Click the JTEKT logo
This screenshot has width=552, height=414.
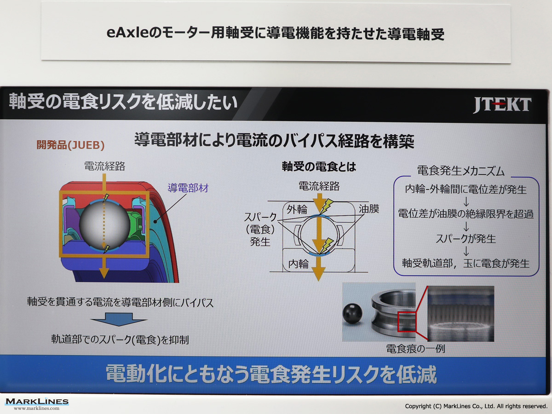(502, 105)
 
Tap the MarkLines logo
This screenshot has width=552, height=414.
(37, 403)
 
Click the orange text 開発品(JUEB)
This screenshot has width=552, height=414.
(70, 145)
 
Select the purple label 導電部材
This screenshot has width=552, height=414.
(188, 188)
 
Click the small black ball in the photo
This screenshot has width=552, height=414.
(352, 314)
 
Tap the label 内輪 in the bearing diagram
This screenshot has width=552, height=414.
(298, 264)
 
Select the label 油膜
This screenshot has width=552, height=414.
(368, 209)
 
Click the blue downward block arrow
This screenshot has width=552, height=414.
(119, 319)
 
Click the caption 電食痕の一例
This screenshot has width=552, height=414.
(415, 349)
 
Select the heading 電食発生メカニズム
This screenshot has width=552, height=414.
(461, 171)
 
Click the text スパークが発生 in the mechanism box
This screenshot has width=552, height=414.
(466, 239)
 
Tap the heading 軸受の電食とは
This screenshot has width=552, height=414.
(319, 167)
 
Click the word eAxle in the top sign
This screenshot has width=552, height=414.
(128, 33)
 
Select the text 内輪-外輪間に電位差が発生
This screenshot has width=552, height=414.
(466, 189)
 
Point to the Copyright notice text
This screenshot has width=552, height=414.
(476, 406)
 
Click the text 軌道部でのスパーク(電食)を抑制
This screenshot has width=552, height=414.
(120, 339)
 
